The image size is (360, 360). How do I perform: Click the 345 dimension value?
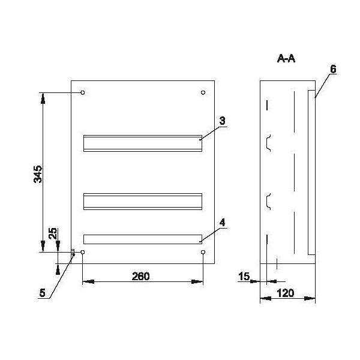coord(38,174)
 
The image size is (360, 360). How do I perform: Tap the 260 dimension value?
coord(141,276)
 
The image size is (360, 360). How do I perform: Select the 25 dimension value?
coord(53,233)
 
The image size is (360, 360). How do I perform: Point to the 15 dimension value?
coord(244,276)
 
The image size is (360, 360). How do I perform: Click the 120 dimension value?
coord(286,293)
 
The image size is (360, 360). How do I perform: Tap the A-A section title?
coord(286,59)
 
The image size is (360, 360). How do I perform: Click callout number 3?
coord(222,121)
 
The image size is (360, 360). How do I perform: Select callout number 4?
coord(222,223)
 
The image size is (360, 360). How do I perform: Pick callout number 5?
coord(42,293)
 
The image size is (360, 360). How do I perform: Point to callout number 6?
coord(333,69)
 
